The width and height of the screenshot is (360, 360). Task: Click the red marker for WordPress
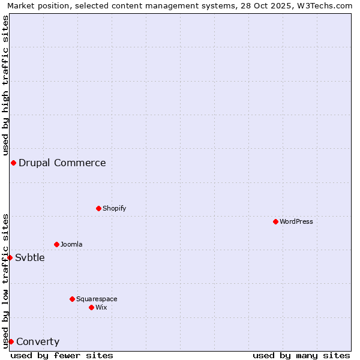point(275,221)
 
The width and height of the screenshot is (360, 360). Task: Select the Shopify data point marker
point(98,208)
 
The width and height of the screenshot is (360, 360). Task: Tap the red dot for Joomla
point(56,244)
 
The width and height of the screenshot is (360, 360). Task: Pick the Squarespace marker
point(72,299)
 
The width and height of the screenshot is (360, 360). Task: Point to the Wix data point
point(91,307)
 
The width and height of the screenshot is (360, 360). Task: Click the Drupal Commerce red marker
point(13,163)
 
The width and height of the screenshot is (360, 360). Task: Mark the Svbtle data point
point(10,257)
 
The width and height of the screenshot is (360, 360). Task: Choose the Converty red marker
point(11,341)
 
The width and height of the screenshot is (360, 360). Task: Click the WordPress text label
point(296,221)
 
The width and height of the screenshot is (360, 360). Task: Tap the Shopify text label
point(115,208)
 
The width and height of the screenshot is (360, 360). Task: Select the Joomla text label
point(71,244)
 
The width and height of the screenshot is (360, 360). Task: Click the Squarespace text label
point(97,299)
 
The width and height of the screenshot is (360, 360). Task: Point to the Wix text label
point(101,307)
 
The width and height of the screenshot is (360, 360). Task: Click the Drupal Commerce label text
point(62,163)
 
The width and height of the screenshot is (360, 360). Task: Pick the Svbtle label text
point(30,257)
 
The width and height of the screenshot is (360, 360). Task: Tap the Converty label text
point(38,341)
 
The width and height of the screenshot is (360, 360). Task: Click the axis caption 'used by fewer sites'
point(62,355)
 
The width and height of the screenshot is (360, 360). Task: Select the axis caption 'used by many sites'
point(301,355)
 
